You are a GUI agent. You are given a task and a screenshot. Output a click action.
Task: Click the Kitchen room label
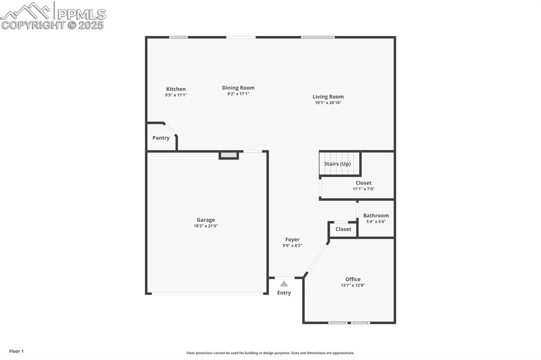176,89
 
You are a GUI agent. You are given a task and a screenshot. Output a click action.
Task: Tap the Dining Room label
238,88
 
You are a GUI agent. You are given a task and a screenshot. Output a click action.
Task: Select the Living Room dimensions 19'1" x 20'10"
328,103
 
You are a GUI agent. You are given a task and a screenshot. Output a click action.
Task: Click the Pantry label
161,138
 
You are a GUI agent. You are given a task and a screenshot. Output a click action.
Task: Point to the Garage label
206,220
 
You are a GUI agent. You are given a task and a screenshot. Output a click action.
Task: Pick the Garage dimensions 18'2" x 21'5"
206,226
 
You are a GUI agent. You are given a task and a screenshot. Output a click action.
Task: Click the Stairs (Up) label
338,164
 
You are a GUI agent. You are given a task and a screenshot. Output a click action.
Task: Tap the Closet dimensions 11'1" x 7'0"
363,189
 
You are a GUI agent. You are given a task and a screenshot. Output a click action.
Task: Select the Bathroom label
376,215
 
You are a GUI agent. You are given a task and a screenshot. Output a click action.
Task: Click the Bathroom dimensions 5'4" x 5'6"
376,222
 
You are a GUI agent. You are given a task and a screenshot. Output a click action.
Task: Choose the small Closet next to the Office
343,229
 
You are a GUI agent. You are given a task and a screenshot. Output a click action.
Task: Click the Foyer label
292,240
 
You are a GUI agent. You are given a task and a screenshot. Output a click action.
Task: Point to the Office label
353,279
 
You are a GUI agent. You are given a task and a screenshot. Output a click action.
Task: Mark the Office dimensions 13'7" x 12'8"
353,286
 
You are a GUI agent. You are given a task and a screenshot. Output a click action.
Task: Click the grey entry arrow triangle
284,283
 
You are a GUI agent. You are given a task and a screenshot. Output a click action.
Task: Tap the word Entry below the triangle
284,293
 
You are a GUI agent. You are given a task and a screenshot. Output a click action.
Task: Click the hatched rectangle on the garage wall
229,155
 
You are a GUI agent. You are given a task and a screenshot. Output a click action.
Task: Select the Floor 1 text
16,351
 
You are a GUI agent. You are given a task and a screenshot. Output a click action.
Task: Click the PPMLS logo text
81,14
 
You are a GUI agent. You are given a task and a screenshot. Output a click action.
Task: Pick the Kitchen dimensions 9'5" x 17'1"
176,95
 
